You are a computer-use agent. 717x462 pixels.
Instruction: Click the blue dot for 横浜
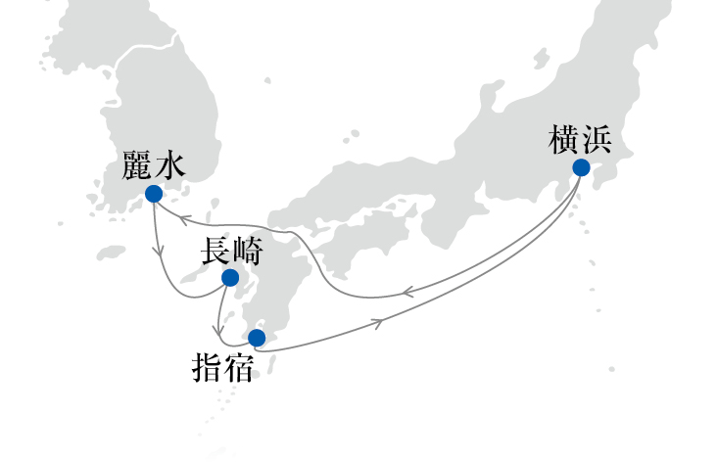[581, 167]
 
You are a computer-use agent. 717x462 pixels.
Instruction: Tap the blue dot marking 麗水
[154, 194]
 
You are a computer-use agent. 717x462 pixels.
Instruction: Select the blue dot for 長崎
[230, 277]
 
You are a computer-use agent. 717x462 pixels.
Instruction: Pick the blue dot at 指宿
[257, 338]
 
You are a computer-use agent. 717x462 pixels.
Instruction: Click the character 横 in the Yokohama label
[563, 139]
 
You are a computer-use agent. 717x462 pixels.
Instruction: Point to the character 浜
[597, 139]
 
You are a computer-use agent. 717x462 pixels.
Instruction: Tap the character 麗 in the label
[137, 164]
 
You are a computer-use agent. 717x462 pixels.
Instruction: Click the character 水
[170, 164]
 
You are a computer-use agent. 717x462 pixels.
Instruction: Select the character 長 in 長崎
[215, 251]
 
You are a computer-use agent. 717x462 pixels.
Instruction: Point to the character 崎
[248, 251]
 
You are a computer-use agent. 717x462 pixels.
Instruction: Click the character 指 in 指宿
[207, 367]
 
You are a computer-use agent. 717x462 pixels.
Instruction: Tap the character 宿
[239, 367]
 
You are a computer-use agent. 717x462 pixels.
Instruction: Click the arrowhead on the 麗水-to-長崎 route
[160, 251]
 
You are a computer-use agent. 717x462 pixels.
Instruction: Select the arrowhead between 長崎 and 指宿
[218, 330]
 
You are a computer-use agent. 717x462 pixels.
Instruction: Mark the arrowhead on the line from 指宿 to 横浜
[378, 324]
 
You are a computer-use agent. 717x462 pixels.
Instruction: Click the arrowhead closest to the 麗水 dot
[183, 220]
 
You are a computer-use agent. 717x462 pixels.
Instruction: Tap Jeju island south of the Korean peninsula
[111, 253]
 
